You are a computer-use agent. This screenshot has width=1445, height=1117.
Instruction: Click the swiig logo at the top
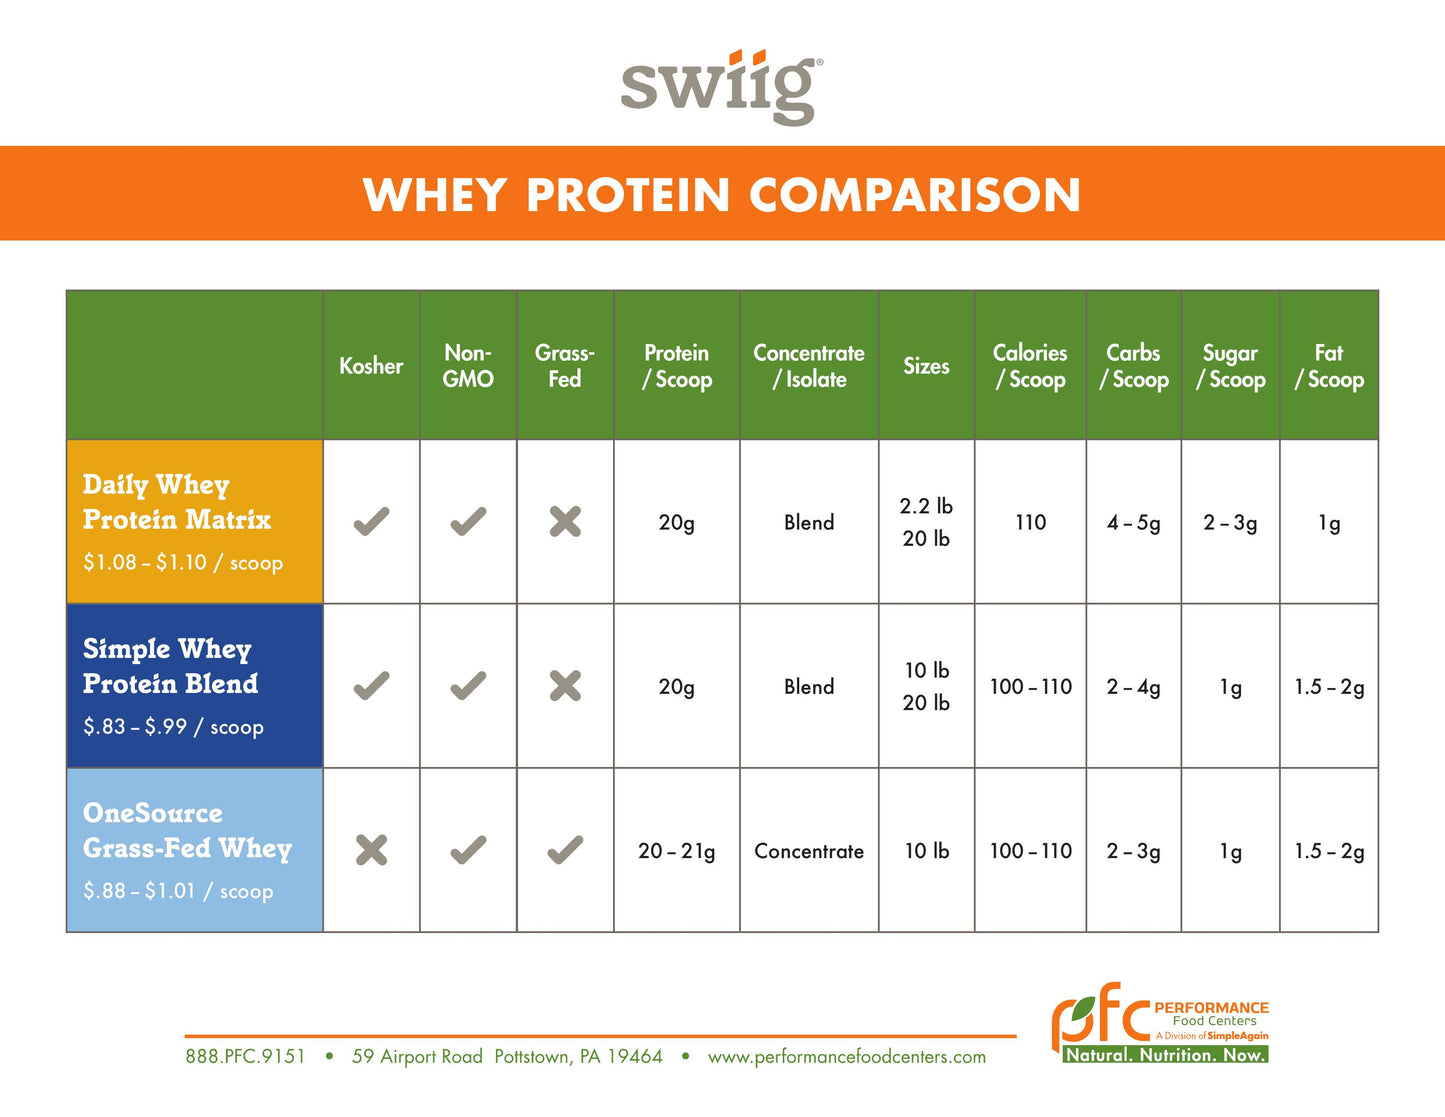(721, 87)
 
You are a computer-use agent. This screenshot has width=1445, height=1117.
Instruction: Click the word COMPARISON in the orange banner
(914, 195)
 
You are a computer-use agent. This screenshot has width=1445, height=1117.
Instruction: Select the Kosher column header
(371, 366)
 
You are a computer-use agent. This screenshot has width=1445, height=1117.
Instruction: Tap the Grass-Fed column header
(565, 366)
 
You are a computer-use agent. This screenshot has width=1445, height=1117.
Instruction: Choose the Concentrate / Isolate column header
(809, 366)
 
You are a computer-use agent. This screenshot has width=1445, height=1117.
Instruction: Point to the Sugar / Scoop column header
(1231, 366)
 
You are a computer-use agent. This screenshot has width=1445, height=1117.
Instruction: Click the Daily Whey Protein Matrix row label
(177, 503)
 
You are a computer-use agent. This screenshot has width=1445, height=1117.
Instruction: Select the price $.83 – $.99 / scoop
(174, 727)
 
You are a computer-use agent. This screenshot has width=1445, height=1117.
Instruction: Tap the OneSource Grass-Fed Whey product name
(187, 831)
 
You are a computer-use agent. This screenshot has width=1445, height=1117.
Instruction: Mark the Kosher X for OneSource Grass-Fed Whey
(371, 851)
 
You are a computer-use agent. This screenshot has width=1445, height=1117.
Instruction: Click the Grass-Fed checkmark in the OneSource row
(565, 851)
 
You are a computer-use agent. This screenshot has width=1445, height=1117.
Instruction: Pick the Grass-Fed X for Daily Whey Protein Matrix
(565, 522)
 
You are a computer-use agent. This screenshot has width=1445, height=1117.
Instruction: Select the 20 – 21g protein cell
(677, 851)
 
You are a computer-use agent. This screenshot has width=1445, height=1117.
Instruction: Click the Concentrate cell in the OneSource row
(809, 851)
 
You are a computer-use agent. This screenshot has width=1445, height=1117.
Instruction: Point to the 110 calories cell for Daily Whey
(1030, 522)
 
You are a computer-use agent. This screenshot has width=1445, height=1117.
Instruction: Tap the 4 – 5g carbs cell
(1134, 522)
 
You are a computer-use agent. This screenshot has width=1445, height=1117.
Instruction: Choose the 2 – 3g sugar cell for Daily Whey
(1231, 522)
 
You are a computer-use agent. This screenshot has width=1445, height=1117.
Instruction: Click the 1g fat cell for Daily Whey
(1329, 522)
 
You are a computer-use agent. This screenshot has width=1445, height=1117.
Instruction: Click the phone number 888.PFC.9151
(245, 1057)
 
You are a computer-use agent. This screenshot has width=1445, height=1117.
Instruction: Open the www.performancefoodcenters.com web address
(846, 1057)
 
